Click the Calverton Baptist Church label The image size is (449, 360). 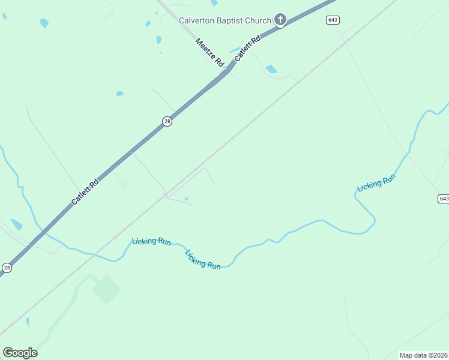pos(225,20)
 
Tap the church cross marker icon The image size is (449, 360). pos(280,20)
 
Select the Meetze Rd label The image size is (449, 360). pos(209,52)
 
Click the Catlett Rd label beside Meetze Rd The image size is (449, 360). pos(248,49)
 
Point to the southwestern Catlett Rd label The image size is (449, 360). pos(85,191)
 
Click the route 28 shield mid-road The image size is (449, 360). pos(167,121)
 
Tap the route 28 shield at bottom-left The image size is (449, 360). pos(7,268)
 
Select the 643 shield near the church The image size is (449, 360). pos(333,20)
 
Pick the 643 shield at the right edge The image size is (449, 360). pos(443,199)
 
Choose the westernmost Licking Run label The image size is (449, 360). pos(151,241)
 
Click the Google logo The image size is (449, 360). pos(20,352)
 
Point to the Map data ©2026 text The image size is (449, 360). pos(423,355)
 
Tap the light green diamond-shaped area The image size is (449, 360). pos(106,289)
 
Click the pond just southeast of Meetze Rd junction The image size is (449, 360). pos(271,69)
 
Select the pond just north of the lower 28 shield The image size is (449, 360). pos(16,224)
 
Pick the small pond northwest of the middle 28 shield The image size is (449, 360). pos(119,94)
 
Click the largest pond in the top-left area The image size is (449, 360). pos(44,23)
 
